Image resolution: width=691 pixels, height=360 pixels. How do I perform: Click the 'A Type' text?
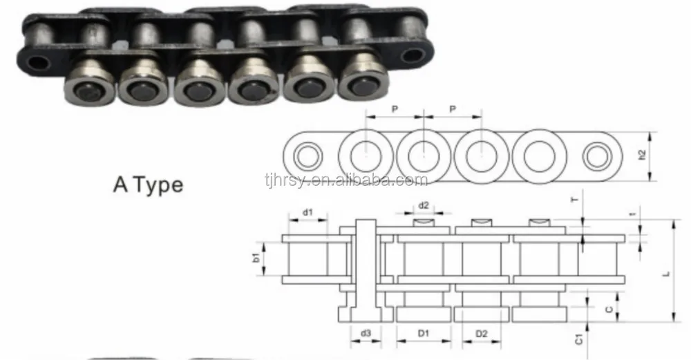[x=148, y=185]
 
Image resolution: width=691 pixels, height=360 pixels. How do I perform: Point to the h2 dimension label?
[x=642, y=156]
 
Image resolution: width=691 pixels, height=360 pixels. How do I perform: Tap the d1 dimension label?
[x=306, y=213]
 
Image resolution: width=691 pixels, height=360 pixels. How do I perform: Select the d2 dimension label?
[x=424, y=205]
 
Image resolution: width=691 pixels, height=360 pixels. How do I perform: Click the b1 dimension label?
[x=256, y=258]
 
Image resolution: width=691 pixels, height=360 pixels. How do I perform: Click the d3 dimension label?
[x=366, y=334]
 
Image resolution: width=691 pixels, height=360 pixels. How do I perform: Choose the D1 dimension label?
[x=424, y=334]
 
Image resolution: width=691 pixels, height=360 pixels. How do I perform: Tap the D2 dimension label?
[x=482, y=334]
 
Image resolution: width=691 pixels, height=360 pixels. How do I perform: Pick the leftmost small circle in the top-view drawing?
[x=307, y=156]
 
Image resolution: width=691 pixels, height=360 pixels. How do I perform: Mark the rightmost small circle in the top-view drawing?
[x=596, y=156]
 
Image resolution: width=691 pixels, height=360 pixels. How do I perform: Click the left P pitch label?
[x=394, y=109]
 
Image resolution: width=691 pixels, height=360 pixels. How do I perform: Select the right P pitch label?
[x=452, y=109]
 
